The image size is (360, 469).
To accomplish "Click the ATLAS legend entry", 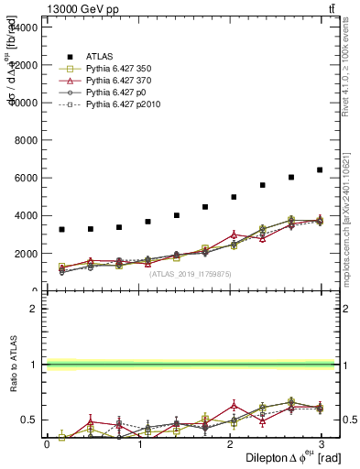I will point(100,56).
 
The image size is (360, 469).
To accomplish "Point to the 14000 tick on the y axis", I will point(25,27).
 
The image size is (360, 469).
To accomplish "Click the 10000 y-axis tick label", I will point(25,103).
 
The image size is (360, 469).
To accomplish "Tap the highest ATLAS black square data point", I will point(320,170).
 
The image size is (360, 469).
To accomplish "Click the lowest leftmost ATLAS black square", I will point(61,229).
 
